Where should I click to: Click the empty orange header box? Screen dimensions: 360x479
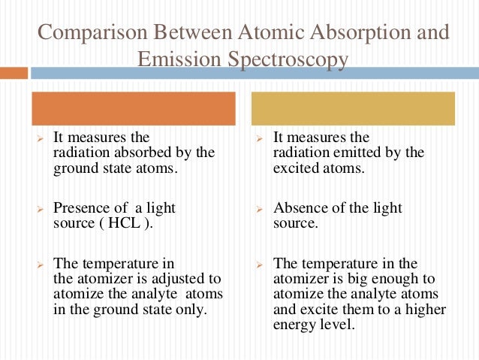[x=133, y=108]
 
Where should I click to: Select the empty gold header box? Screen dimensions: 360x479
[x=353, y=108]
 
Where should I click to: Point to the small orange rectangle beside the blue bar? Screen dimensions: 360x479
[x=14, y=73]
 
